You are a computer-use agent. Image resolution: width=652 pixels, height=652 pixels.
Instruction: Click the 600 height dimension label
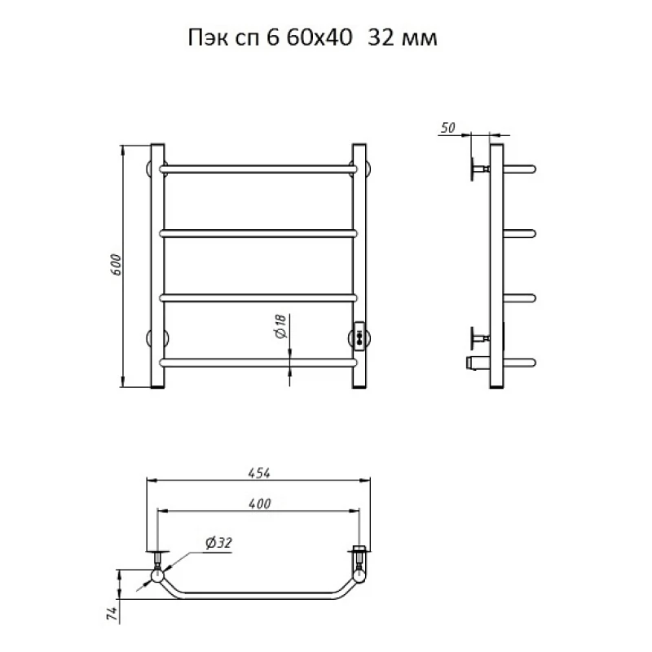coord(116,264)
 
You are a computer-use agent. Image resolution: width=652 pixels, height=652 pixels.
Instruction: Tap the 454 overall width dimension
coord(259,474)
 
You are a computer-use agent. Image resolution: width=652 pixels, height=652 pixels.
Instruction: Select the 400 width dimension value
coord(260,504)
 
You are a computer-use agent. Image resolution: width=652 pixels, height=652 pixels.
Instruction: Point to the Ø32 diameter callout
coord(218,543)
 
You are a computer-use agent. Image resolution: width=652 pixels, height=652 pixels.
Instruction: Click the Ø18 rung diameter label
coord(281,326)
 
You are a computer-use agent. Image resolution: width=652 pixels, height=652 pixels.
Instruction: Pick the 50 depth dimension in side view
coord(447,128)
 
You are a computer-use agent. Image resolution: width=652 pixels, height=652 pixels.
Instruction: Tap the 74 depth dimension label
coord(112,614)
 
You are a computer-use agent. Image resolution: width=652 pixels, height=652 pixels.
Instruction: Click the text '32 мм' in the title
coord(403,37)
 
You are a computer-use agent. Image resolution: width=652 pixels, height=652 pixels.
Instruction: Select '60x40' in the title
coord(319,37)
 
